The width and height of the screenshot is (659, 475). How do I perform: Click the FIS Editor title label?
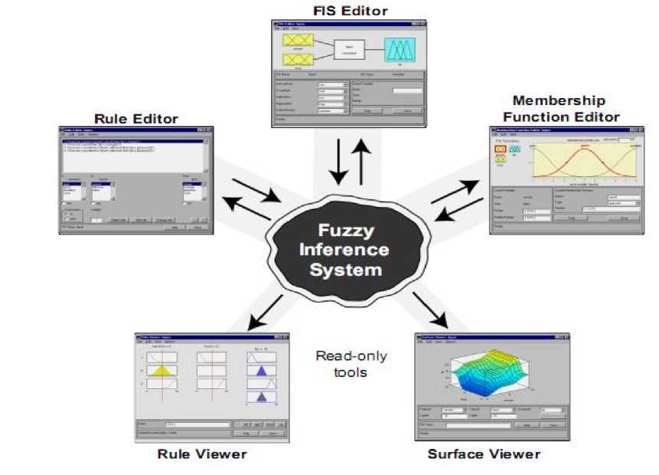pos(350,11)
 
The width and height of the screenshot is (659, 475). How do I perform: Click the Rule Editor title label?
pos(136,119)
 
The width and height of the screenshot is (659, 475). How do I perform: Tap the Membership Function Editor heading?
pos(559,108)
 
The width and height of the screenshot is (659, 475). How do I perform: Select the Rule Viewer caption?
pos(202,454)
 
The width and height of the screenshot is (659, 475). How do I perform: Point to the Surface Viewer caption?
pos(484,454)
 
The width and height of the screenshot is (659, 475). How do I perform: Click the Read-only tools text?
pos(351,364)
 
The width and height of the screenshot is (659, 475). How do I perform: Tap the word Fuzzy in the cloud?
pos(350,230)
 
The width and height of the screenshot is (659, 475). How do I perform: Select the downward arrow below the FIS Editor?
pos(336,163)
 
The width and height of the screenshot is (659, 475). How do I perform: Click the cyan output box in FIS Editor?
pos(400,50)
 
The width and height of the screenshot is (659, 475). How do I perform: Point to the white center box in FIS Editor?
pos(347,49)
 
